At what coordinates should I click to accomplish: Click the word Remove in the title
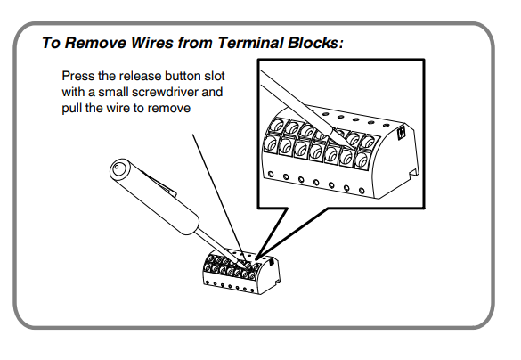pos(95,43)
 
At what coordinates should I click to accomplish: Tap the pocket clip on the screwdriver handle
pos(159,182)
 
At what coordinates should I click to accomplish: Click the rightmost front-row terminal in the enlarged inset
pos(362,160)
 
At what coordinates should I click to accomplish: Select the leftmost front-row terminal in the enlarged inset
pos(271,143)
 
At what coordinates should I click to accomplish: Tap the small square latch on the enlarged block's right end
pos(401,133)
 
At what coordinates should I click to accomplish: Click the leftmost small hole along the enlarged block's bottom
pos(271,174)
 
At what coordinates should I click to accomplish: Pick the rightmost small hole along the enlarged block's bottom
pos(362,191)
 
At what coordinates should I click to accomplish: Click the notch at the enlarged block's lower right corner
pos(412,173)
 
